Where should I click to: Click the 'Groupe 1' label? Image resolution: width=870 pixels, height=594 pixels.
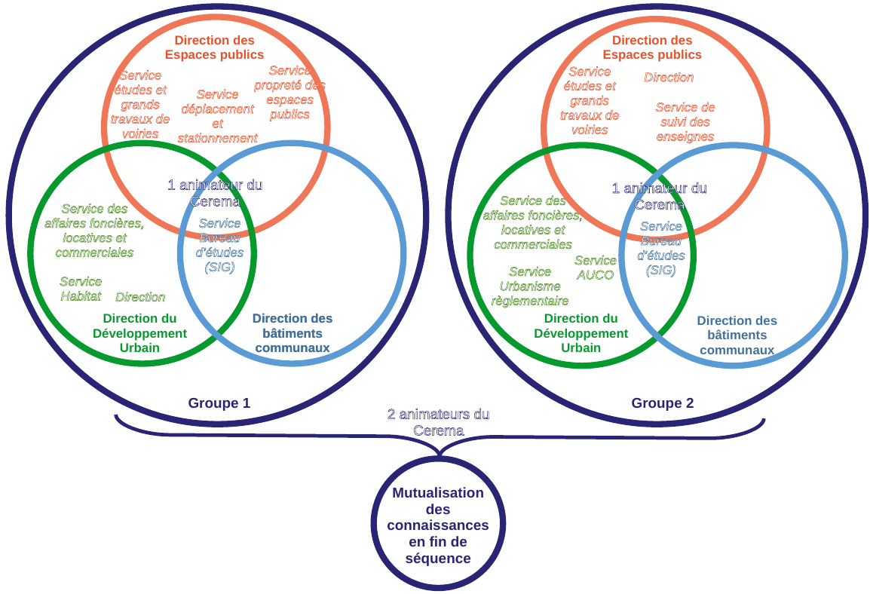[219, 403]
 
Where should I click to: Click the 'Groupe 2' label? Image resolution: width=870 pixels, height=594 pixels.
[662, 403]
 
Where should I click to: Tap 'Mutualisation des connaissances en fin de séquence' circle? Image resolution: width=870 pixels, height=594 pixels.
[438, 525]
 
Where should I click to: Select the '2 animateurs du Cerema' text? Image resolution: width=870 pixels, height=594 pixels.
[438, 422]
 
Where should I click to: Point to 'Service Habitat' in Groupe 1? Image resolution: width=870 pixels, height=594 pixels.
[81, 289]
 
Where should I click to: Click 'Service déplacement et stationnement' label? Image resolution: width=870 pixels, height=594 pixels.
[217, 116]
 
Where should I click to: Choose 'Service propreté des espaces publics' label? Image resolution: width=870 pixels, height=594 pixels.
[289, 92]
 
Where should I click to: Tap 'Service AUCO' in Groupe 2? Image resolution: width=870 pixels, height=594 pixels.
[595, 268]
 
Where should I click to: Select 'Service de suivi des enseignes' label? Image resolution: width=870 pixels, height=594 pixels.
[685, 122]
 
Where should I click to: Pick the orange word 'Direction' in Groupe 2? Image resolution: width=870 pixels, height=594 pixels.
[669, 78]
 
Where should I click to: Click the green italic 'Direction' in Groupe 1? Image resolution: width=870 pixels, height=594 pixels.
[140, 297]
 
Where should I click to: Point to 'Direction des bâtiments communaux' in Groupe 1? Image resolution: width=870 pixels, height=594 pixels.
[292, 333]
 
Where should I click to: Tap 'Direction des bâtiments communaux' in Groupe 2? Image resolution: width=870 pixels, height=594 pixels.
[737, 335]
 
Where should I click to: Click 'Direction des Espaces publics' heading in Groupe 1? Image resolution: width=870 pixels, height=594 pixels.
[214, 47]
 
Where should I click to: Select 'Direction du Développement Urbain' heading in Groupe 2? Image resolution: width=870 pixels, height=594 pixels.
[581, 333]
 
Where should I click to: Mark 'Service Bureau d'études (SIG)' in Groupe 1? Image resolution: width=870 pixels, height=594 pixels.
[219, 245]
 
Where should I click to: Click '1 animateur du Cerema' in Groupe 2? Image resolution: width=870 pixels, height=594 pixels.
[659, 196]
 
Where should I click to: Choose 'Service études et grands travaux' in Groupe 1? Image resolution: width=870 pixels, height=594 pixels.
[140, 104]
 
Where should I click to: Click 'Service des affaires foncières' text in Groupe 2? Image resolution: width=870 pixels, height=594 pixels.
[532, 222]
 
